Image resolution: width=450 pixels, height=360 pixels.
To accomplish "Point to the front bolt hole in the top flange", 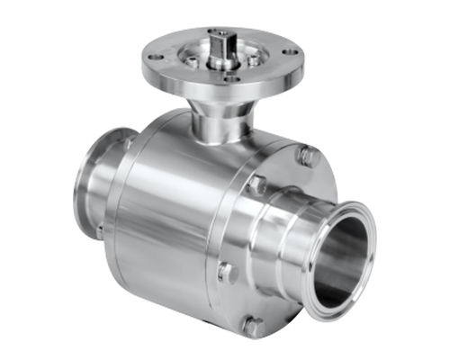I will [x=231, y=77].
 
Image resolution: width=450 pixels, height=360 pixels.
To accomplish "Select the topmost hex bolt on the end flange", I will [x=307, y=157].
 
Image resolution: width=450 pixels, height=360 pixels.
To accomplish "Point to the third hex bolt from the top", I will [x=226, y=271].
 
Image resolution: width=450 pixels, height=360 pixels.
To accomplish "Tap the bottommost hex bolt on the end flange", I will [x=253, y=325].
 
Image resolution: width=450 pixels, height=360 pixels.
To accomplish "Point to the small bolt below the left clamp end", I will [x=100, y=231].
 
